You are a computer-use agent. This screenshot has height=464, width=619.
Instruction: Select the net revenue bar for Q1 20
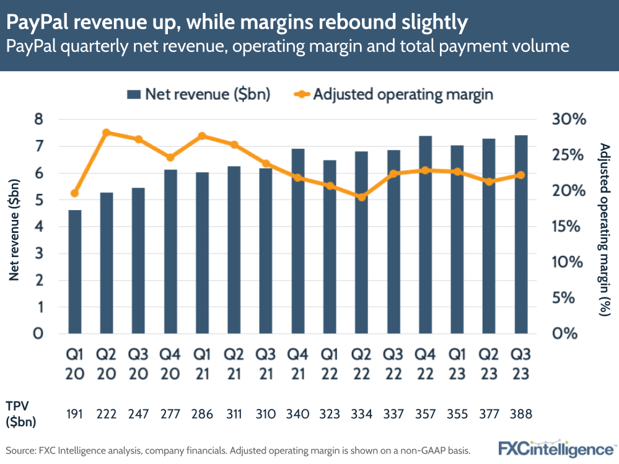pos(74,271)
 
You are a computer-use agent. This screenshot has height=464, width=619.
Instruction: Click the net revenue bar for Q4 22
pos(425,234)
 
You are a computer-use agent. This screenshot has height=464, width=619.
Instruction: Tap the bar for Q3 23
pos(520,234)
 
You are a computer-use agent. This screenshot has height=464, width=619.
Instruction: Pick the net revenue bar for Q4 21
pos(297,241)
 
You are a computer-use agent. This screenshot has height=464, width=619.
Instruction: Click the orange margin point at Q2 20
pos(106,133)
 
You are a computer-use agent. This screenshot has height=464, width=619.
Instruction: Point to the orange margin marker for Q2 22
pos(361,197)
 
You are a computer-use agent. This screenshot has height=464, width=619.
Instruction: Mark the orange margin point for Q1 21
pos(202,136)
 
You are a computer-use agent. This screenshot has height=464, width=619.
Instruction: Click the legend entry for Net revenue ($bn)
pos(198,94)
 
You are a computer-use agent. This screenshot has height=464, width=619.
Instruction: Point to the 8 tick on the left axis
pos(39,120)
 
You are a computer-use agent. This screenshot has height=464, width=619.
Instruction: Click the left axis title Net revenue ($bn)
pos(14,229)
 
